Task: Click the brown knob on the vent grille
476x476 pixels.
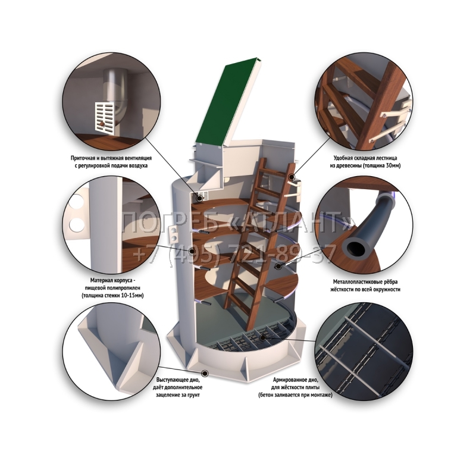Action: coord(101,124)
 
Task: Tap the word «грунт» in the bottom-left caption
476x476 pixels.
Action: coord(193,395)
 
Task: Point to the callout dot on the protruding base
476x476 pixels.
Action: coord(205,373)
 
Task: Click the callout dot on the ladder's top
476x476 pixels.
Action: coord(292,177)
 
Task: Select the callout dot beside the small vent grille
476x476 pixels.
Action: coord(199,198)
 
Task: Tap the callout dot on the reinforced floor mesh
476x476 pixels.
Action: coord(262,337)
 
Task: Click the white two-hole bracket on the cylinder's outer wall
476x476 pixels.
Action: coord(173,234)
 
